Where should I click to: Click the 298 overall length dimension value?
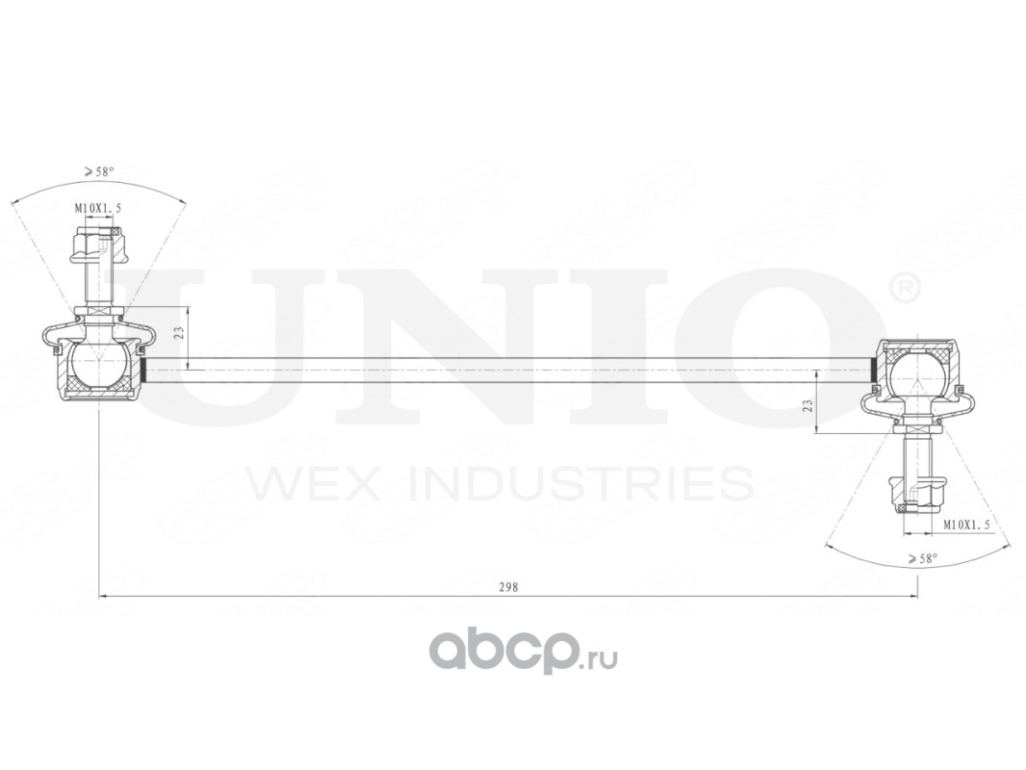click(x=509, y=587)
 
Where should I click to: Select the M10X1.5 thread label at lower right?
click(x=965, y=525)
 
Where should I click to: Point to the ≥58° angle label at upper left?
click(x=99, y=171)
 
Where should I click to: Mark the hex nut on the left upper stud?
click(x=97, y=244)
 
